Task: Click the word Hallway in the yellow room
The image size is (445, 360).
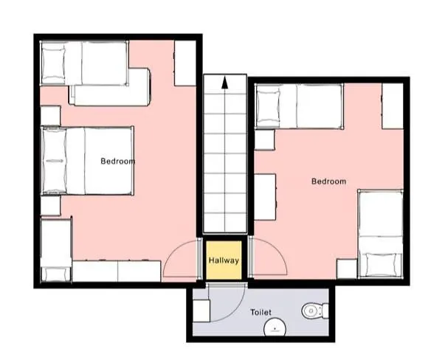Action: [x=224, y=260]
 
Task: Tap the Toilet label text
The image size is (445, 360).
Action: [x=261, y=312]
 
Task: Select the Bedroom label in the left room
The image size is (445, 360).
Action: [x=118, y=161]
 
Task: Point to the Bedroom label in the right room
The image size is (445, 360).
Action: [x=328, y=181]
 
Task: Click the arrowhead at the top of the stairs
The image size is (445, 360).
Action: [x=225, y=83]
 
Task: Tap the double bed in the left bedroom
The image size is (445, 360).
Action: [x=87, y=161]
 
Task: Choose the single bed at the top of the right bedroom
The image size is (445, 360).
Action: [x=300, y=106]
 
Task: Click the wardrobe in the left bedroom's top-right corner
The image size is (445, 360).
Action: [x=185, y=63]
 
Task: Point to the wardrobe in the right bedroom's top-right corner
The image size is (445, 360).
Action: [x=393, y=105]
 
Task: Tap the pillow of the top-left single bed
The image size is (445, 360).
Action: [x=53, y=63]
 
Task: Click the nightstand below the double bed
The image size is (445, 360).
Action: [x=50, y=205]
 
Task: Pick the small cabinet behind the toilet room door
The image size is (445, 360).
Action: [x=201, y=311]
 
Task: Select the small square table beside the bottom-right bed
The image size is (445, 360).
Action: [x=347, y=269]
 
